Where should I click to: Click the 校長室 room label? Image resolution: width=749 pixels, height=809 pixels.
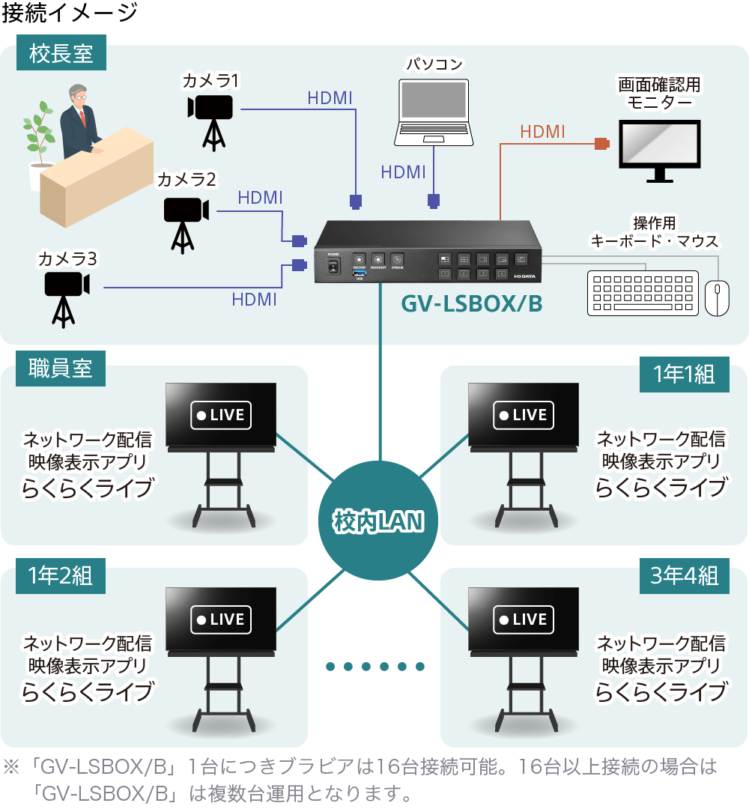(61, 54)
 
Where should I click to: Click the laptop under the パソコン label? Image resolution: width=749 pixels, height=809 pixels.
(434, 112)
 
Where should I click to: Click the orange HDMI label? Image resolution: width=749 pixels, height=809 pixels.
(542, 132)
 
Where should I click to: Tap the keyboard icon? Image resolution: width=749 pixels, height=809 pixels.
(643, 293)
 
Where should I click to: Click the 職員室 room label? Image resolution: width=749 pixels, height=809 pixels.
(61, 369)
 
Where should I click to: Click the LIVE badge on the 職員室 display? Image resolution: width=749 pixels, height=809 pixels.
(221, 415)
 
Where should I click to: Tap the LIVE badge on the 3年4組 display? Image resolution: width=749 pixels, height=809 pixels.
(524, 619)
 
